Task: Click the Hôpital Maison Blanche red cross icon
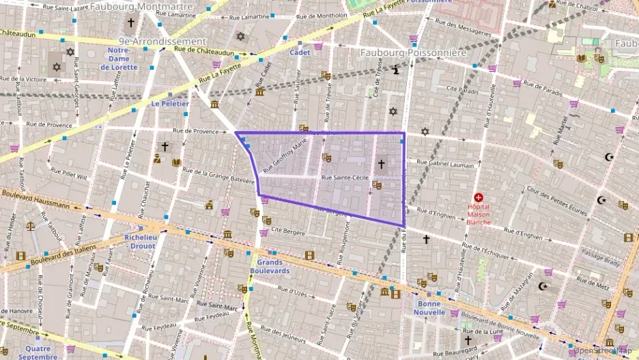[478, 197]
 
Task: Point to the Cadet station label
[300, 53]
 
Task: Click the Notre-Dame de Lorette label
[119, 59]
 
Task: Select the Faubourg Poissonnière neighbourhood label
[413, 53]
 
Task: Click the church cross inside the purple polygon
[381, 164]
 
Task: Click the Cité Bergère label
[287, 232]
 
